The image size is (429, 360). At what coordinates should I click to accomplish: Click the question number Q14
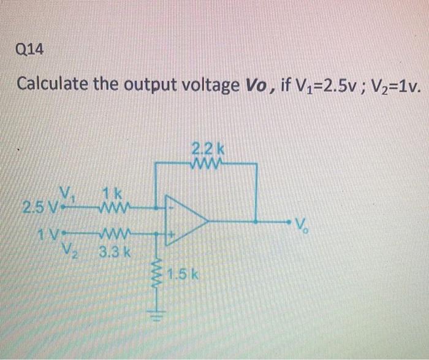click(31, 50)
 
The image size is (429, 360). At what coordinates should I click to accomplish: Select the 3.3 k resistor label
click(115, 251)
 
